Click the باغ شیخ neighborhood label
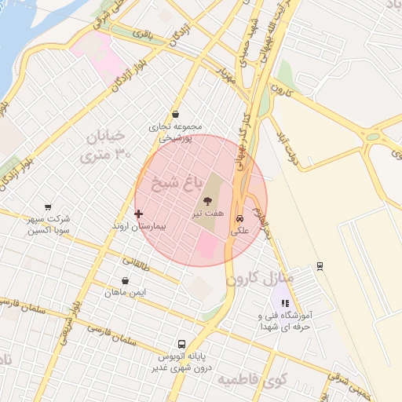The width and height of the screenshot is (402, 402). pos(181,187)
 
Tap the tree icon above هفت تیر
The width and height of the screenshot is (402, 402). pos(206,200)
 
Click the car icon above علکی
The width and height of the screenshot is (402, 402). pos(239,219)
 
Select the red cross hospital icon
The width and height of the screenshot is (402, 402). pos(139,214)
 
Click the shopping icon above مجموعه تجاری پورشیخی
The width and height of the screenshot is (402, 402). pos(175,114)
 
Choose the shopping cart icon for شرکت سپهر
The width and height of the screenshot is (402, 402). pos(49,207)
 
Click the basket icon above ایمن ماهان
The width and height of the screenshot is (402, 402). pos(126,280)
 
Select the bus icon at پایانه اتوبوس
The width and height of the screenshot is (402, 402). pos(182,344)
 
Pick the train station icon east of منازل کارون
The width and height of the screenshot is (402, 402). pos(320,265)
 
